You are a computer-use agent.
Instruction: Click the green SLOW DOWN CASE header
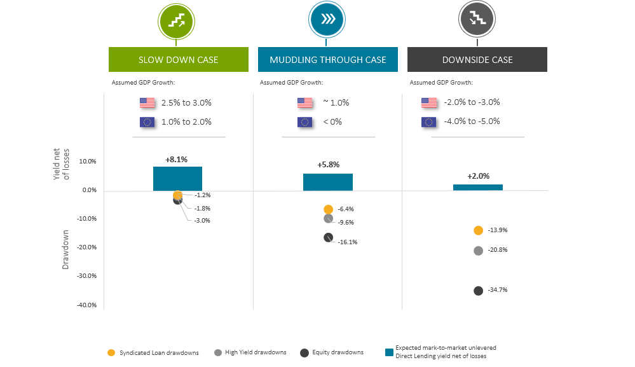(178, 59)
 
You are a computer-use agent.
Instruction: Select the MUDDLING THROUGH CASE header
(327, 59)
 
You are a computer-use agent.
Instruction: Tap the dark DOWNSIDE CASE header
(477, 59)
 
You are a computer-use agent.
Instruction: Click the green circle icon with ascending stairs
(176, 21)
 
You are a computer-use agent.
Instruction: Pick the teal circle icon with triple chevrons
(327, 20)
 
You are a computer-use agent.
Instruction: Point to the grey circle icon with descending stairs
(477, 20)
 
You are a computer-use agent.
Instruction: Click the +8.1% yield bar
(177, 179)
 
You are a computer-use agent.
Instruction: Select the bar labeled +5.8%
(327, 182)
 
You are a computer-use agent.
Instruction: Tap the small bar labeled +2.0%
(477, 187)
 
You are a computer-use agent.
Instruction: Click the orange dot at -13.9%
(479, 230)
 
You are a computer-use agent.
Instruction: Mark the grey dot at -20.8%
(479, 251)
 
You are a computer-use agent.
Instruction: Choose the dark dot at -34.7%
(479, 291)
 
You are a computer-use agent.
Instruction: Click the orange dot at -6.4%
(328, 209)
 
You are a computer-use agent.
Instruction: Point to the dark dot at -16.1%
(328, 237)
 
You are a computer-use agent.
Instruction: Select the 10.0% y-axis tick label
(87, 161)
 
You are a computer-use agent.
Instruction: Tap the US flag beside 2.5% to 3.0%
(147, 102)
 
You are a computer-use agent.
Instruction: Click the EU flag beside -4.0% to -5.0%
(429, 121)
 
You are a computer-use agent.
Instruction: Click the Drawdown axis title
(65, 250)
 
